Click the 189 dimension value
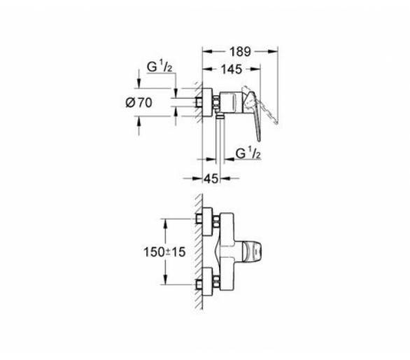click(x=240, y=52)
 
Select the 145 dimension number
click(x=232, y=69)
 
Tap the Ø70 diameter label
click(x=139, y=103)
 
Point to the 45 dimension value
click(x=211, y=179)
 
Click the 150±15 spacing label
click(x=164, y=252)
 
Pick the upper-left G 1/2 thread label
click(x=160, y=67)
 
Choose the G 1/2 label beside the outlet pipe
click(x=248, y=153)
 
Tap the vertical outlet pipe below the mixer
click(x=220, y=143)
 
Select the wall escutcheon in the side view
click(x=207, y=102)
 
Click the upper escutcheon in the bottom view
click(x=207, y=222)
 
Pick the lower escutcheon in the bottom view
click(x=207, y=282)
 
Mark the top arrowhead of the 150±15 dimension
click(x=165, y=223)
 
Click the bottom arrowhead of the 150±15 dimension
click(x=165, y=280)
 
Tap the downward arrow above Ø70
click(x=139, y=84)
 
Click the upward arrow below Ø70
click(x=139, y=120)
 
